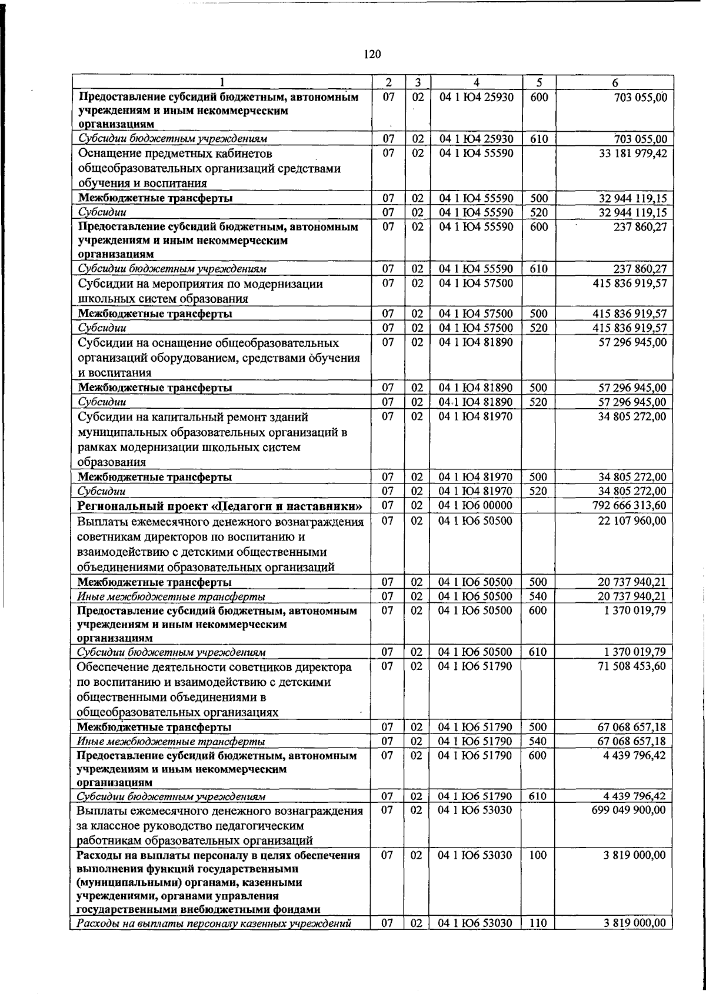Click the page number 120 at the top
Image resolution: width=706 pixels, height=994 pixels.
[x=372, y=55]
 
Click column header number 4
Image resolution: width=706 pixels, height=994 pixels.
[x=476, y=83]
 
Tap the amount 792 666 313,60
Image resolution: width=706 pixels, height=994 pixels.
[x=629, y=505]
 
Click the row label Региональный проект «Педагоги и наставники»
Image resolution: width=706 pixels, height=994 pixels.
[x=220, y=506]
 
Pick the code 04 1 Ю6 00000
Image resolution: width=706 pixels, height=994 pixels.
[x=476, y=505]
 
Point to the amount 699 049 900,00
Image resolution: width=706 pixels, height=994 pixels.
[x=629, y=810]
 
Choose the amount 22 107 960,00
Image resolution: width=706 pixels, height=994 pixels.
[x=632, y=521]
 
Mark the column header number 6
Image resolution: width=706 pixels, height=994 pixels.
[x=614, y=83]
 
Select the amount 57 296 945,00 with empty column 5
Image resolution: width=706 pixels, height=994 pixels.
[x=632, y=342]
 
